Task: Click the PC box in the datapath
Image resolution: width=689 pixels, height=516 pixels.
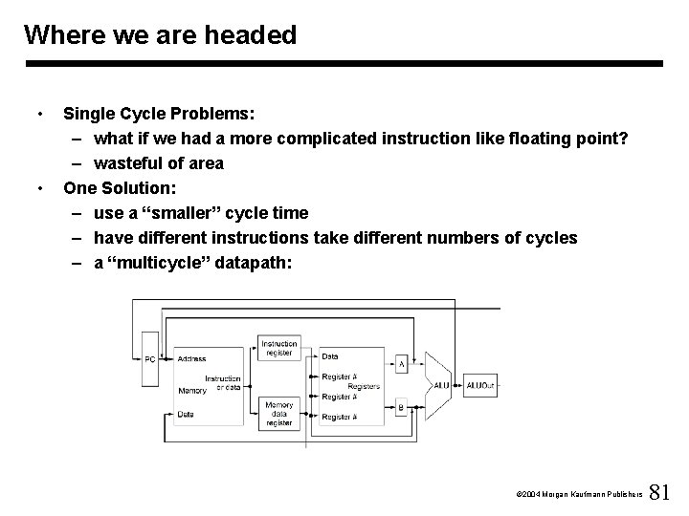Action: click(x=149, y=359)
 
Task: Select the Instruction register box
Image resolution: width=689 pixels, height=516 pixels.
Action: click(x=279, y=348)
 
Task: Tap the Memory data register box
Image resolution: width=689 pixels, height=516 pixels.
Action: click(x=279, y=414)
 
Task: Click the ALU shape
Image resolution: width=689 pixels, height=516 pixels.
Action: click(x=439, y=385)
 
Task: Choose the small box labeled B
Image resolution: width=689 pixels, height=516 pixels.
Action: click(x=402, y=407)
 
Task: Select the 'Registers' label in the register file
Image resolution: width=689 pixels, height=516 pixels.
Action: click(x=365, y=386)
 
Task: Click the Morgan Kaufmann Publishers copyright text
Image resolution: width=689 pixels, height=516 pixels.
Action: click(x=577, y=494)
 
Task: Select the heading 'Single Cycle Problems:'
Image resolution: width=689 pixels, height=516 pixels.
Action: click(x=159, y=114)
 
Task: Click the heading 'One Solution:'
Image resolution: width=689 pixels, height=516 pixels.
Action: click(x=121, y=187)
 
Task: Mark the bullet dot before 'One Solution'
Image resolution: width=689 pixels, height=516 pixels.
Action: click(x=36, y=187)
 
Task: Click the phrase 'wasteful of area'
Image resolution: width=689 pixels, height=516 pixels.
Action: click(x=159, y=163)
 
